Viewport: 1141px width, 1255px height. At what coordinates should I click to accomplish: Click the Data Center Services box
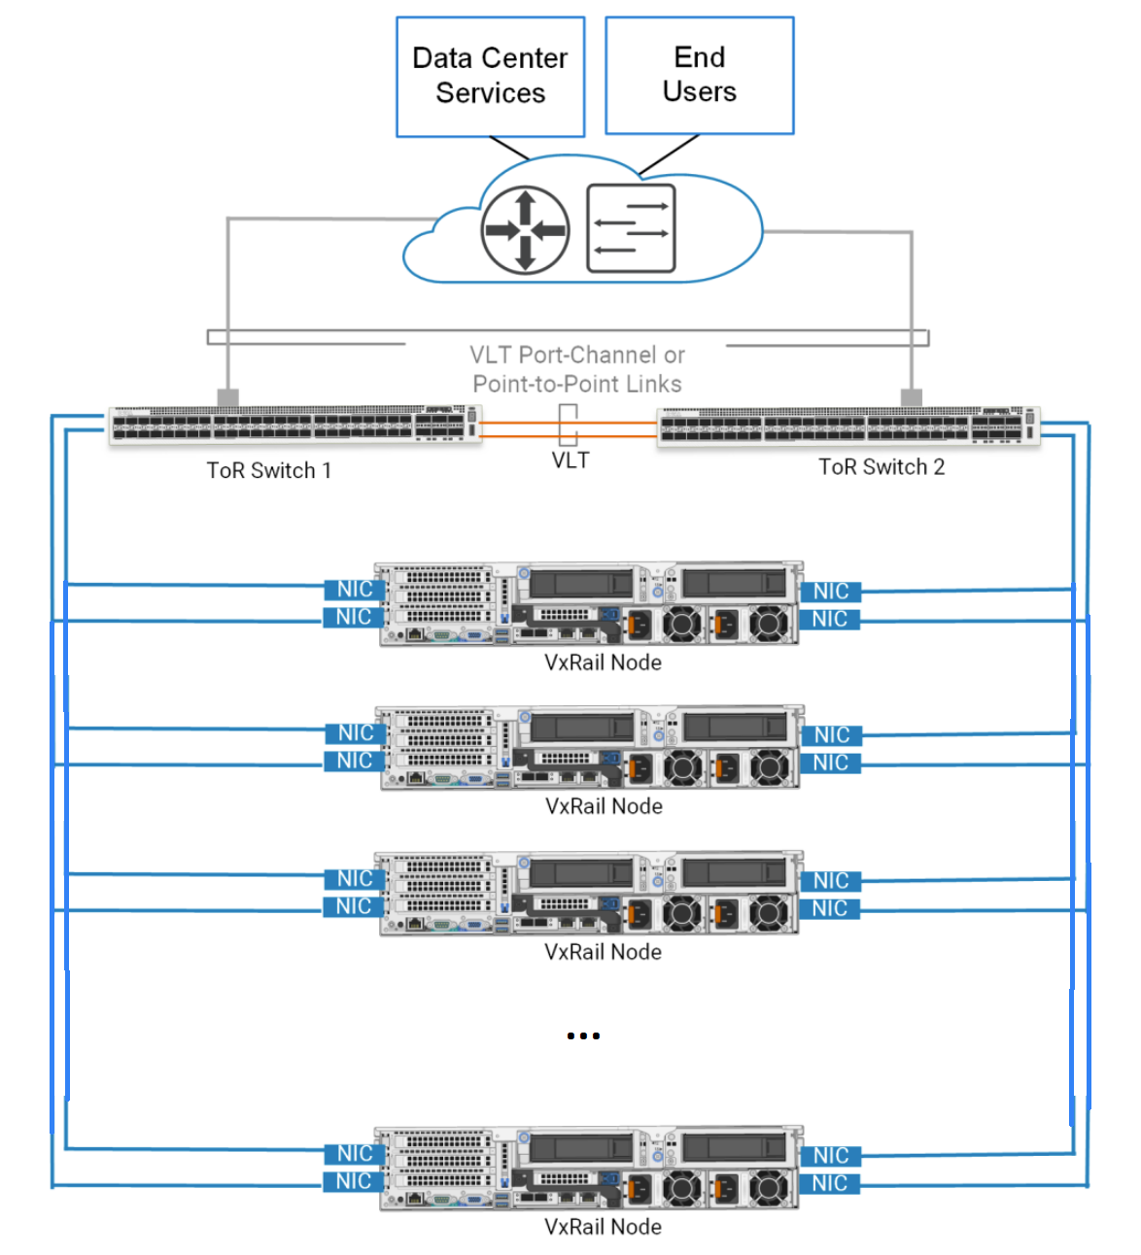pos(490,76)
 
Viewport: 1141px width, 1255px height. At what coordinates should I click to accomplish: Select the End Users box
pos(699,75)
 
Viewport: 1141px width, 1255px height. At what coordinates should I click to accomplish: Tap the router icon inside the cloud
pos(525,231)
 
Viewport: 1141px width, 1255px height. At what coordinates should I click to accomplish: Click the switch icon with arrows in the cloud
pos(631,229)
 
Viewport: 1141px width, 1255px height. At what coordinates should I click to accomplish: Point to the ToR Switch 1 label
pos(268,470)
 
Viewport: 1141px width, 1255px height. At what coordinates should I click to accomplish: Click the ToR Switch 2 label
pos(881,467)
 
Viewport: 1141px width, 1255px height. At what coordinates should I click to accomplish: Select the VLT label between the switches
pos(570,460)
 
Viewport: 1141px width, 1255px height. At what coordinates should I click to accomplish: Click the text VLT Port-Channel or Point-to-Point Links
pos(577,369)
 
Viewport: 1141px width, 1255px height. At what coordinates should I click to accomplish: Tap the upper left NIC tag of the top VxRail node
pos(353,589)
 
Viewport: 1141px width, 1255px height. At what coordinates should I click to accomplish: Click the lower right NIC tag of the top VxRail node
pos(830,619)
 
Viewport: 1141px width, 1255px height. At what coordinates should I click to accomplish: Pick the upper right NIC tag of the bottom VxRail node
pos(830,1155)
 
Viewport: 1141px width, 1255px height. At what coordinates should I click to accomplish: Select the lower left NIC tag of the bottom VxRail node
pos(353,1181)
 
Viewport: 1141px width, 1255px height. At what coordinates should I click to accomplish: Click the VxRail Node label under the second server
pos(604,806)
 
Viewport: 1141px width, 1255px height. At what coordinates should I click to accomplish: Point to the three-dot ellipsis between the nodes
pos(583,1035)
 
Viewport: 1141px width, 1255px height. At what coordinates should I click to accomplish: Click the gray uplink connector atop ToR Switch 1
pos(227,397)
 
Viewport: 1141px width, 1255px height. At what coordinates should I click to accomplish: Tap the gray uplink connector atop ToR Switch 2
pos(912,396)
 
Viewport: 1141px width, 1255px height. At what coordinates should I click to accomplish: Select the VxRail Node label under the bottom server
pos(603,1227)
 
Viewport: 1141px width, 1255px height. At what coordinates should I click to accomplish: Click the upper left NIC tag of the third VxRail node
pos(353,878)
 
